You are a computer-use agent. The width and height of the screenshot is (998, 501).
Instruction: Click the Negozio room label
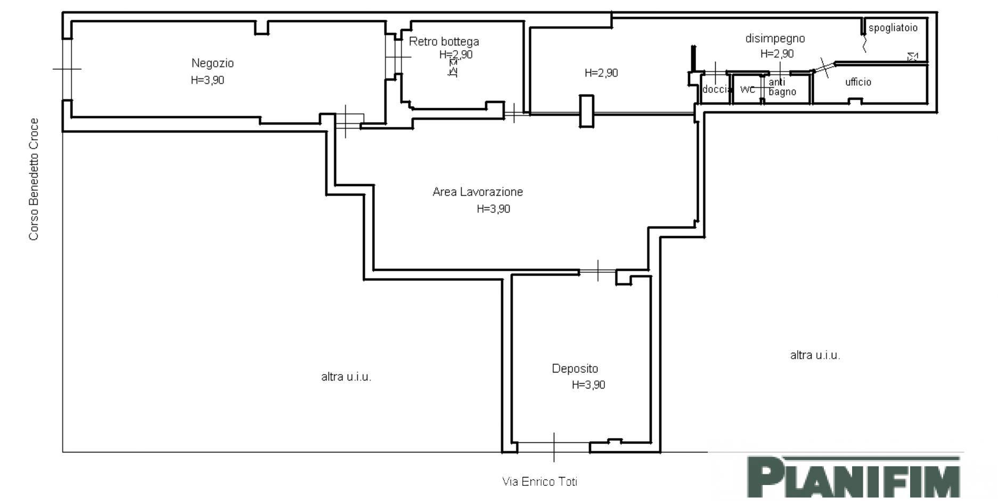[212, 63]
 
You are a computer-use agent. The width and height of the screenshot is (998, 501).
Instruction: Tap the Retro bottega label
[444, 41]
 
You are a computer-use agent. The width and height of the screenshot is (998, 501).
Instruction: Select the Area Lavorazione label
[478, 191]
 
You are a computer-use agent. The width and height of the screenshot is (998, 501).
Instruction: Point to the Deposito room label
[575, 368]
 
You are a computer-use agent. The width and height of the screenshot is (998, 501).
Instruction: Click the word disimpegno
[775, 38]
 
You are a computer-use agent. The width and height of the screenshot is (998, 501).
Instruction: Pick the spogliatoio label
[893, 28]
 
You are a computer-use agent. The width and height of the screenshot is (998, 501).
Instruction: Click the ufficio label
[858, 82]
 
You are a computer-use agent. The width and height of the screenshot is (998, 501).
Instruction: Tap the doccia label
[715, 89]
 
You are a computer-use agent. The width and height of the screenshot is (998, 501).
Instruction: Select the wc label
[748, 90]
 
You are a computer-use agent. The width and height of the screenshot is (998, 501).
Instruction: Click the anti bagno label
[782, 87]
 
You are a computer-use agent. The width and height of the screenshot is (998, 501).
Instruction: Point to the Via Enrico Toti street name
[539, 481]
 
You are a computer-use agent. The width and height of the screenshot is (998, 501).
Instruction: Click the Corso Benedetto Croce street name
[34, 179]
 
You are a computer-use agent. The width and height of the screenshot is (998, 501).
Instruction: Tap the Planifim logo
[854, 476]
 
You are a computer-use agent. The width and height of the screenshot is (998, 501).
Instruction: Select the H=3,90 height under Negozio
[207, 80]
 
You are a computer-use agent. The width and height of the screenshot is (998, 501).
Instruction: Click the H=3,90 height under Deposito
[588, 385]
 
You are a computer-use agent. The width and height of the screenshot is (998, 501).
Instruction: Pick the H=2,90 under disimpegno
[777, 54]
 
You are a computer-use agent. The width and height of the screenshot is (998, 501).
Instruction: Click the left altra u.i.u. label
[346, 377]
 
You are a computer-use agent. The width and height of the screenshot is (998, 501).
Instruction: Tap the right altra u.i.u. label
[815, 355]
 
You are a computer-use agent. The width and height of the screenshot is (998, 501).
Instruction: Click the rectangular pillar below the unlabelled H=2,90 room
[586, 111]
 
